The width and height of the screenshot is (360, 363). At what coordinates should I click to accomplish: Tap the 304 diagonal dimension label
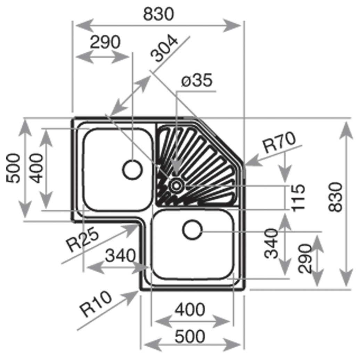pyautogui.click(x=164, y=49)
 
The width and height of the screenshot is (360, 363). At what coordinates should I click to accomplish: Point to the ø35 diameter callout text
pyautogui.click(x=197, y=81)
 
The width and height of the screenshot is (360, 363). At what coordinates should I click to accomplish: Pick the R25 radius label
pyautogui.click(x=82, y=240)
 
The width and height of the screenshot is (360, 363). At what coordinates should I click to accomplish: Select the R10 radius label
pyautogui.click(x=96, y=304)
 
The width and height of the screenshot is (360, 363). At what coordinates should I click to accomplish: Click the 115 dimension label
pyautogui.click(x=298, y=197)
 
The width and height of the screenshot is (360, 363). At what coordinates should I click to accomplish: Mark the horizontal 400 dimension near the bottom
pyautogui.click(x=190, y=309)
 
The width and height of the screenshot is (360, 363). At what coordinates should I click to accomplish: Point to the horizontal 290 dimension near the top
pyautogui.click(x=105, y=42)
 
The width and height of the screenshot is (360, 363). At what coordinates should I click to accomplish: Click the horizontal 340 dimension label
pyautogui.click(x=120, y=256)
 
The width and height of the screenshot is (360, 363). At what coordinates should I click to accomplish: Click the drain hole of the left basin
pyautogui.click(x=132, y=170)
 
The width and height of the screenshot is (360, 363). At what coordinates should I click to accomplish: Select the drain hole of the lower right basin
pyautogui.click(x=192, y=230)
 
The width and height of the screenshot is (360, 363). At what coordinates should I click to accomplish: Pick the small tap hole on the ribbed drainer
pyautogui.click(x=175, y=185)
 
